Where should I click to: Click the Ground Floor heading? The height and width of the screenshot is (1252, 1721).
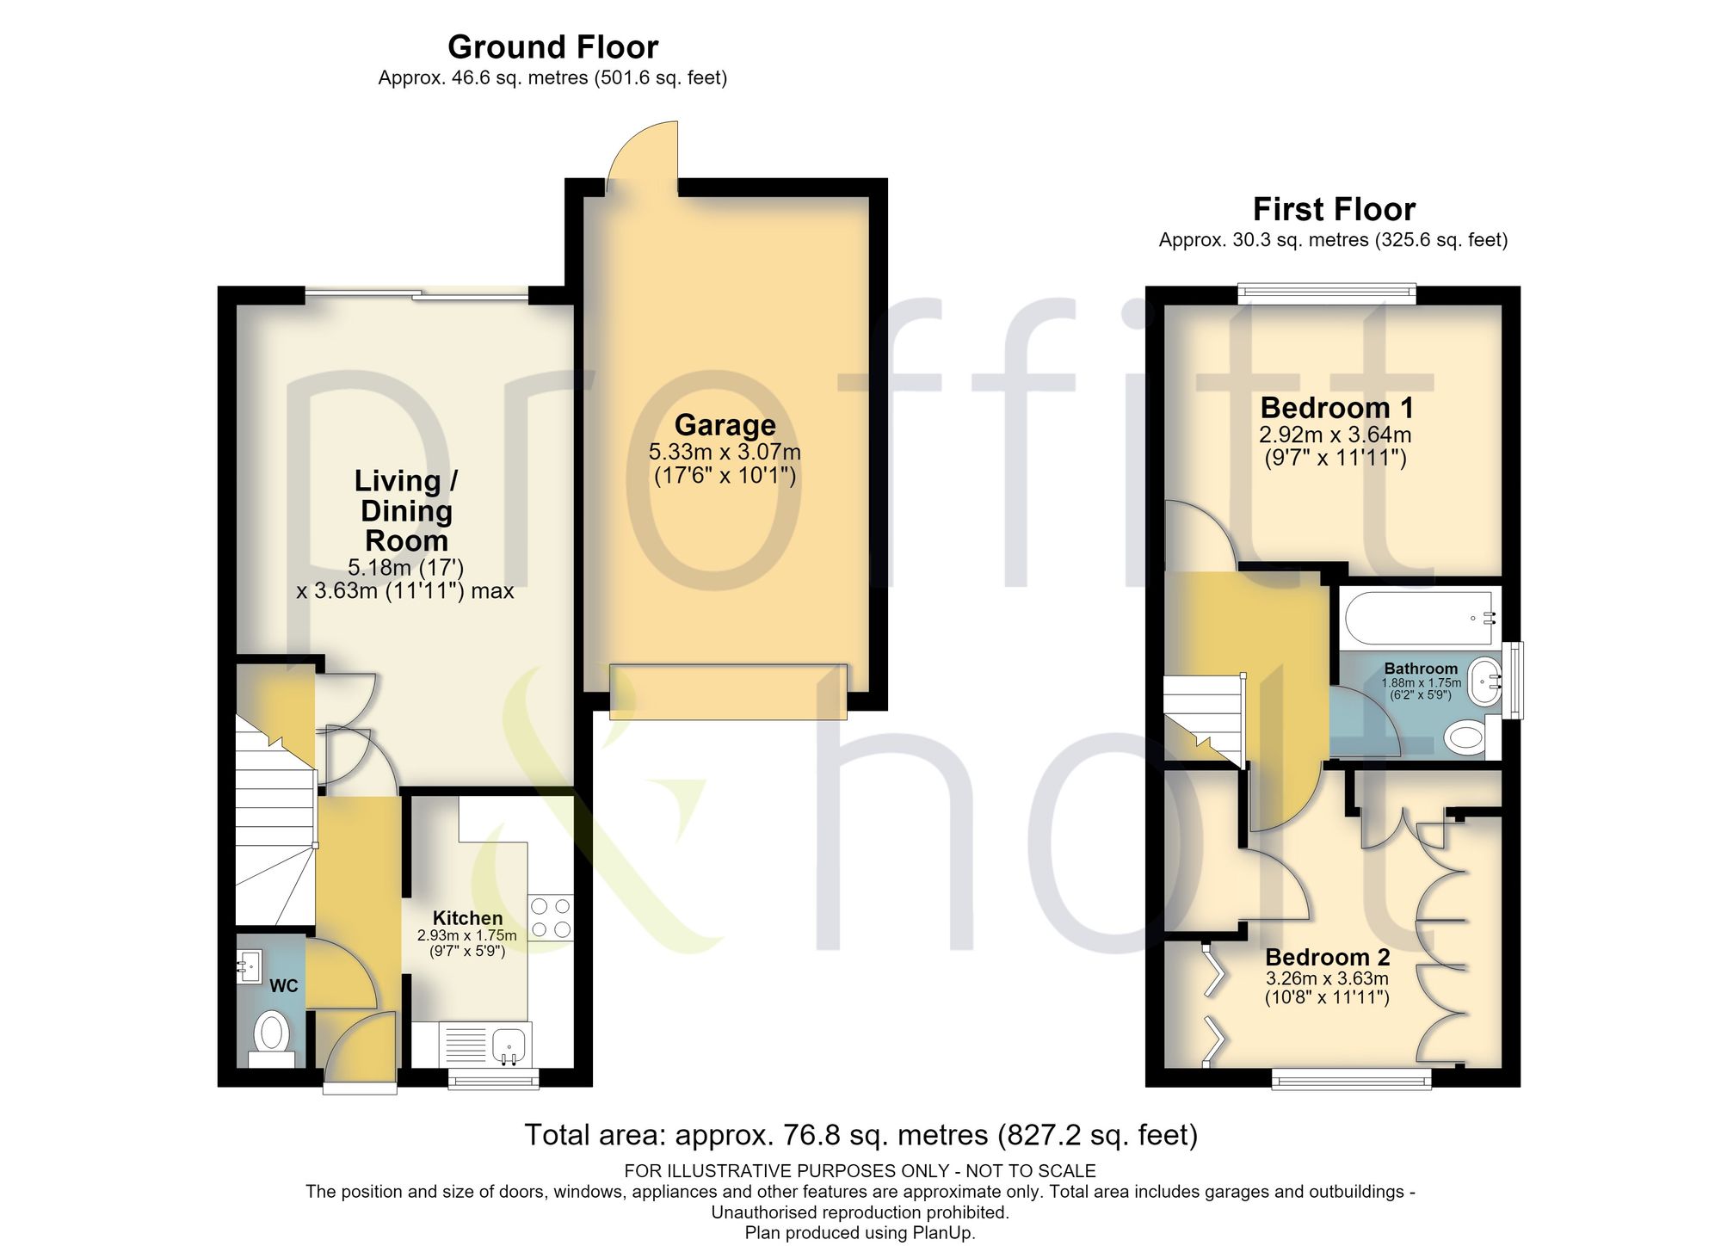pos(552,46)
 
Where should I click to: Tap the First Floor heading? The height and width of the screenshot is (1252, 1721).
pos(1334,209)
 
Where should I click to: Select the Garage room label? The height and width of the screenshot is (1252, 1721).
pos(725,424)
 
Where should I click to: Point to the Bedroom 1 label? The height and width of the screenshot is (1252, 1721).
pos(1336,407)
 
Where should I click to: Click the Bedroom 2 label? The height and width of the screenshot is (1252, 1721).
pos(1327,957)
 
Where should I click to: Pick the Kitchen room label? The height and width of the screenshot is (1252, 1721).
pos(467,918)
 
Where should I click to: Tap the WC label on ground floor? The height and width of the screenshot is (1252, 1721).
pos(284,985)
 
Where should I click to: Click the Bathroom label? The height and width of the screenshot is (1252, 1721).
pos(1421,669)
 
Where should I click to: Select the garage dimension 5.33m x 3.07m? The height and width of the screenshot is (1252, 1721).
pos(725,452)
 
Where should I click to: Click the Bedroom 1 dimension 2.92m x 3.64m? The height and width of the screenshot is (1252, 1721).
pos(1335,435)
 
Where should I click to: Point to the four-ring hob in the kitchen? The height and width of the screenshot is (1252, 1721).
pos(551,917)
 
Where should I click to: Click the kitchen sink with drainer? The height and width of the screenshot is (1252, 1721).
pos(485,1044)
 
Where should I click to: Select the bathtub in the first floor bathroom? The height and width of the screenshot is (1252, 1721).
pos(1419,617)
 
